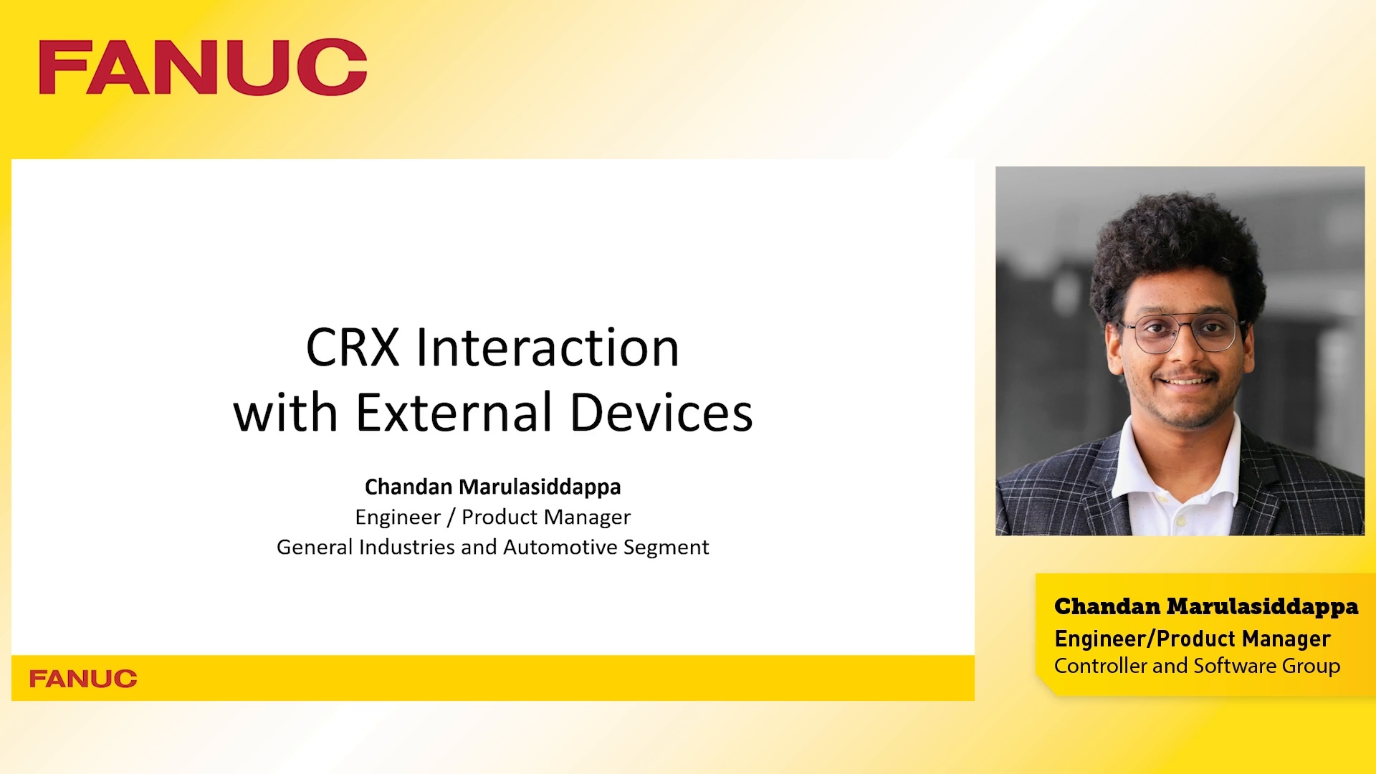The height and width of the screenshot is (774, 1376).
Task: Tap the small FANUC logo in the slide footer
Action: [x=83, y=679]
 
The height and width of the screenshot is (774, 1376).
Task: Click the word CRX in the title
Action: [x=352, y=348]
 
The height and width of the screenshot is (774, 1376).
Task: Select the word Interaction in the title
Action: [x=548, y=348]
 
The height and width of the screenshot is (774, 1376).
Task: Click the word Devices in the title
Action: [x=661, y=414]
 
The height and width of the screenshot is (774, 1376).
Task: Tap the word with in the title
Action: [x=285, y=414]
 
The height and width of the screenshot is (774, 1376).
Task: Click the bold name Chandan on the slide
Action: [x=408, y=487]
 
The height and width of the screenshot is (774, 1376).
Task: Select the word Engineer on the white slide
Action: [x=398, y=517]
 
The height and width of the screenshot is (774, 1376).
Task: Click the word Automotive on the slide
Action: [x=560, y=548]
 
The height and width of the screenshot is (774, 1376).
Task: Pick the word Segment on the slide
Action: [x=666, y=548]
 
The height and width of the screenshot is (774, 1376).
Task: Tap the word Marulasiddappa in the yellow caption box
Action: [x=1262, y=607]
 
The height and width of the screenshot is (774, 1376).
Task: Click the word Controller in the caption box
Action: [x=1100, y=666]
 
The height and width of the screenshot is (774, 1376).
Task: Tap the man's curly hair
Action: [x=1175, y=244]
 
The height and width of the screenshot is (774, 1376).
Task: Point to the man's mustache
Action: [x=1188, y=374]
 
